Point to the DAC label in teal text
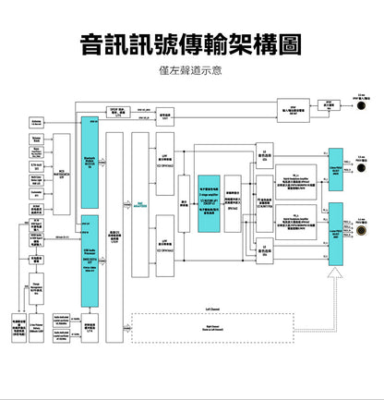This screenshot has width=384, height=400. coord(140,204)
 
